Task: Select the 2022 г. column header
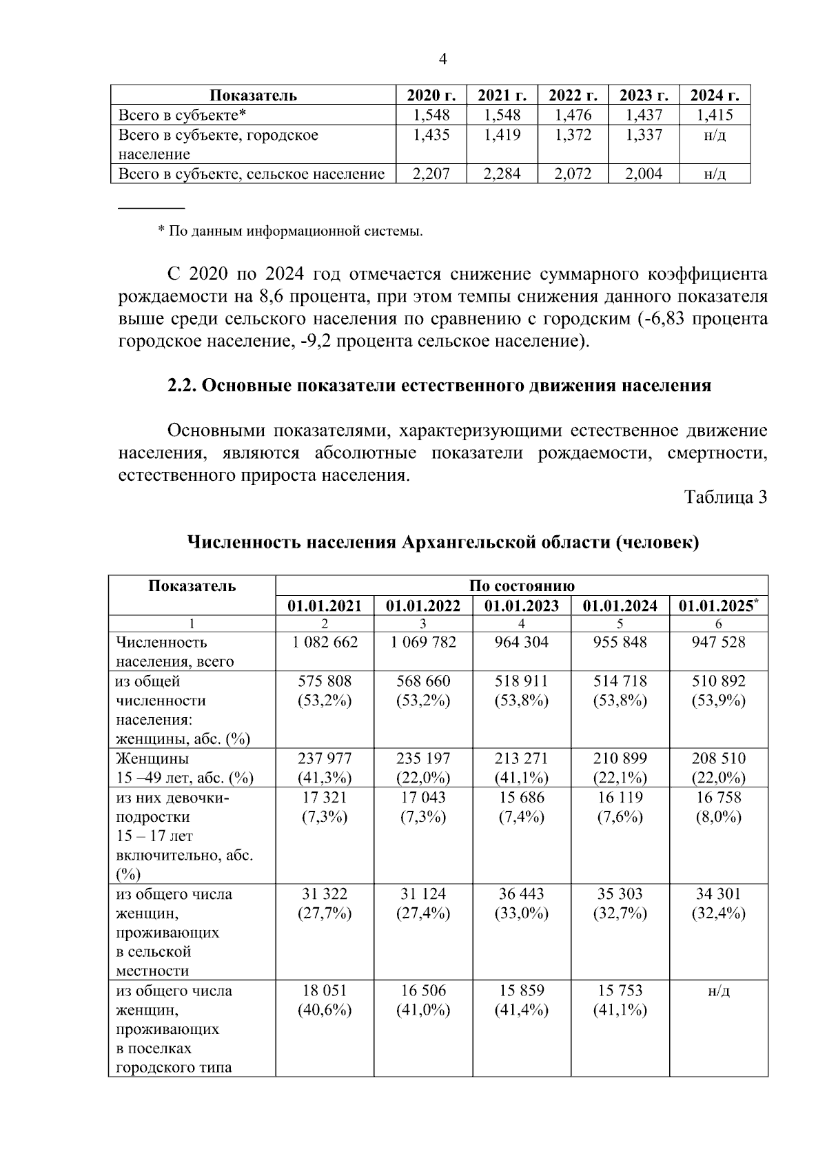point(573,95)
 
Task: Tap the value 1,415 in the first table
point(714,115)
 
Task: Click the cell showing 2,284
point(502,174)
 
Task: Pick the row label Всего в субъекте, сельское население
point(252,174)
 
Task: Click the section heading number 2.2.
point(183,386)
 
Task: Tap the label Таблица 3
point(725,497)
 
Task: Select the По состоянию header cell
point(521,586)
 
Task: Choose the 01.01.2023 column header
point(522,606)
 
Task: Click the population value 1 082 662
point(325,642)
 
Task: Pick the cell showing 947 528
point(718,642)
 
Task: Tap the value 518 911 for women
point(522,681)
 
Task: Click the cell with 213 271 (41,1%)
point(522,767)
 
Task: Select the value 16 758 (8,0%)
point(718,807)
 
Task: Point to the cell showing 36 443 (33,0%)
point(522,903)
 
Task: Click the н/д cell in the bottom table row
point(718,991)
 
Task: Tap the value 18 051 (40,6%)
point(325,1000)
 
